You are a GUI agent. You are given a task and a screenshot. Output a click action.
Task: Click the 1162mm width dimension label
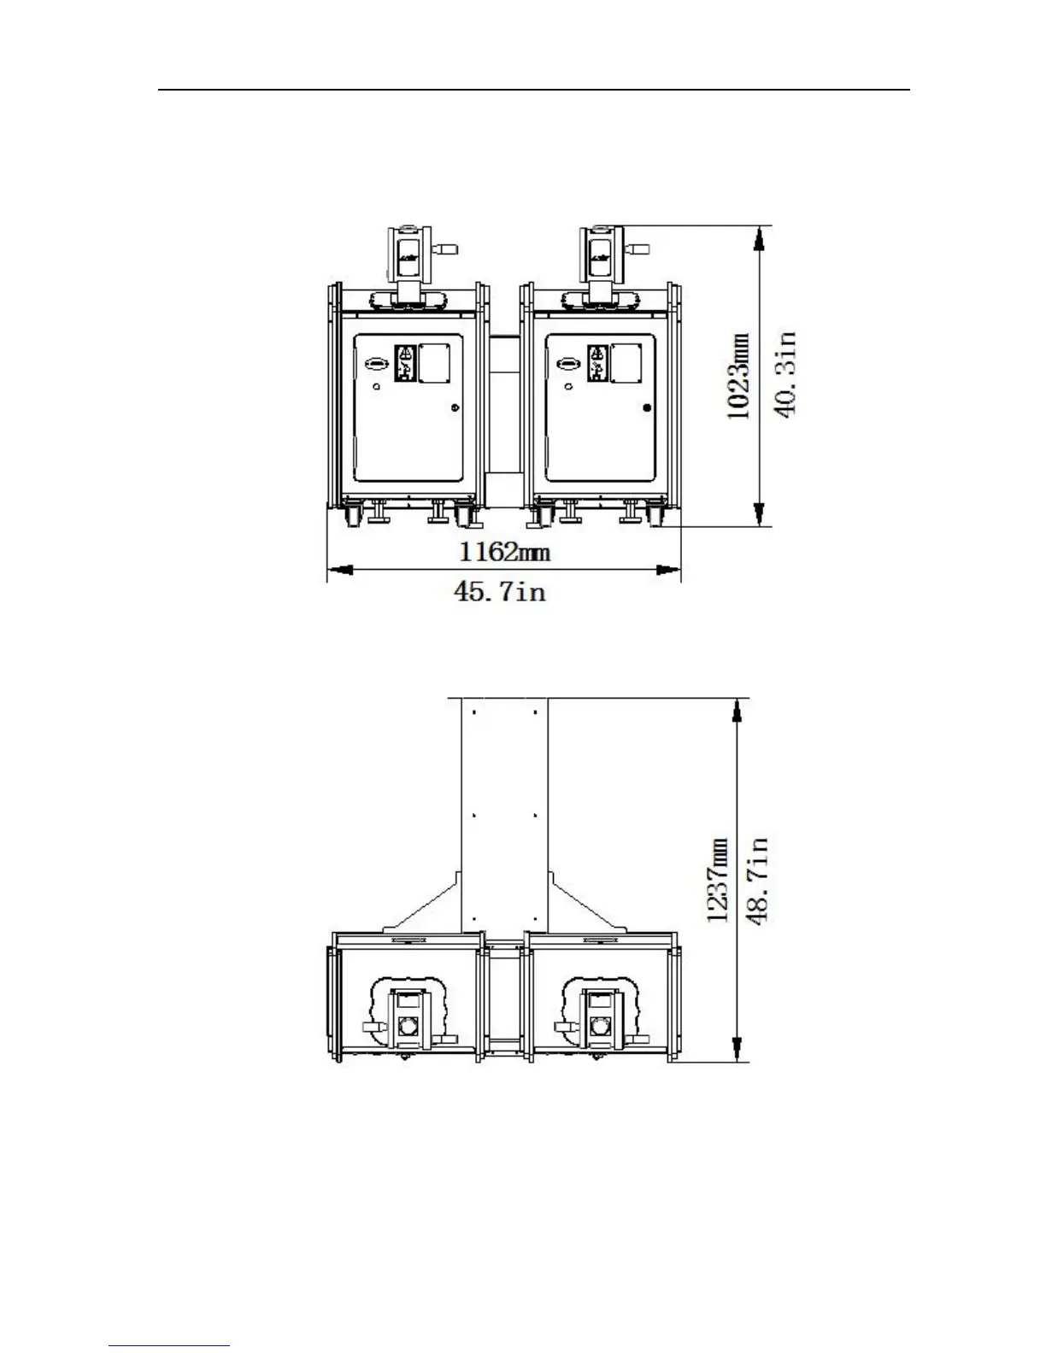click(x=504, y=552)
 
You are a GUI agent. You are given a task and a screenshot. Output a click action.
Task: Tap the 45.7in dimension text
click(x=500, y=591)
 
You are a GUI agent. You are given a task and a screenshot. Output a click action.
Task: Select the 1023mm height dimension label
click(x=738, y=376)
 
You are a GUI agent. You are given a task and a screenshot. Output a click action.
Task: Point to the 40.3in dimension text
click(x=784, y=374)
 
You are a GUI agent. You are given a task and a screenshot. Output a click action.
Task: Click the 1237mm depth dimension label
click(x=718, y=880)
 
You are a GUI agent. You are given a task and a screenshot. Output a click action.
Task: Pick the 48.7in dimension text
click(x=757, y=881)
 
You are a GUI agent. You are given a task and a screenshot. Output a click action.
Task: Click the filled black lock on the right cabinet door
click(x=647, y=407)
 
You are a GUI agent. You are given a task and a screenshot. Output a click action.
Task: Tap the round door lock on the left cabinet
click(x=455, y=407)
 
